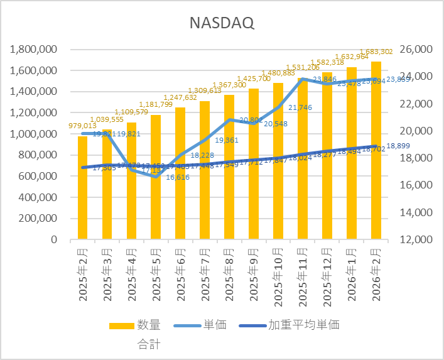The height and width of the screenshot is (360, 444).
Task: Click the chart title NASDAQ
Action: pyautogui.click(x=222, y=23)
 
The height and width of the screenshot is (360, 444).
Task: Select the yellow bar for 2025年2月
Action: pyautogui.click(x=82, y=188)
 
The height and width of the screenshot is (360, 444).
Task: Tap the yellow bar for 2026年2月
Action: pyautogui.click(x=376, y=151)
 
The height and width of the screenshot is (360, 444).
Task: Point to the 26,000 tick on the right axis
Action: pyautogui.click(x=413, y=49)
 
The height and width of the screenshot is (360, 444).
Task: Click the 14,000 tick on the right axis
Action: pyautogui.click(x=413, y=212)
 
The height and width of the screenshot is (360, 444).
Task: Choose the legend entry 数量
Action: pyautogui.click(x=148, y=325)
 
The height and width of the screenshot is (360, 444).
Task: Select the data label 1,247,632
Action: pyautogui.click(x=181, y=97)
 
